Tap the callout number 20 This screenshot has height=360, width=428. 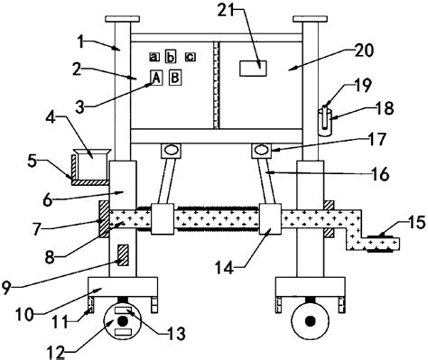(x=364, y=51)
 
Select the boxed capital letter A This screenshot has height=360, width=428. (x=156, y=78)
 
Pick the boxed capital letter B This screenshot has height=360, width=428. (x=175, y=78)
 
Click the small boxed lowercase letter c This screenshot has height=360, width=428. (x=191, y=57)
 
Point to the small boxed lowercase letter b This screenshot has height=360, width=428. (x=171, y=57)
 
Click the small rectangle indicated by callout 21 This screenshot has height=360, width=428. (x=253, y=69)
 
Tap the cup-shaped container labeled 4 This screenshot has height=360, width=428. (x=92, y=163)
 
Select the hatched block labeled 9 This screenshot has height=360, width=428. (x=123, y=255)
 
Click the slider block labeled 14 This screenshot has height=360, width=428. (x=270, y=218)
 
